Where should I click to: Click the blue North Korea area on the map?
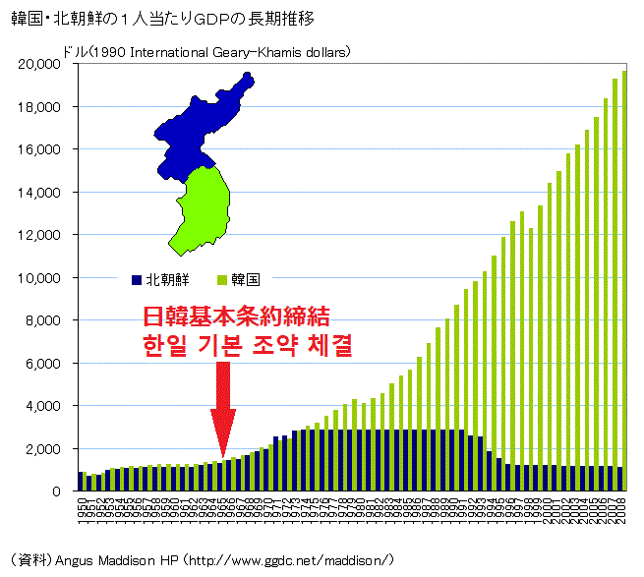point(197,128)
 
